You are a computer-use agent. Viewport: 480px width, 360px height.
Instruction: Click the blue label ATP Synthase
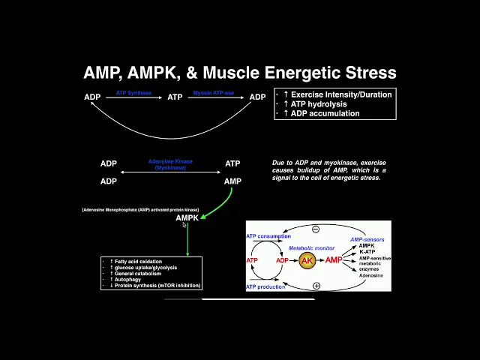pos(133,93)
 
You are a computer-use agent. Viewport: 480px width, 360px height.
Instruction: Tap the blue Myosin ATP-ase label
pos(214,93)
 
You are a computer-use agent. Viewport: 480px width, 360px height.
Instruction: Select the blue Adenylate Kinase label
pos(170,163)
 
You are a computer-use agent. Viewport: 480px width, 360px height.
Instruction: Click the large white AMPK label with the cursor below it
pos(187,218)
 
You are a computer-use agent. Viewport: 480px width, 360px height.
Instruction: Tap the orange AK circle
pos(307,260)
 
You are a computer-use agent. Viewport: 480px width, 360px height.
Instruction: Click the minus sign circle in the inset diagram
pos(316,229)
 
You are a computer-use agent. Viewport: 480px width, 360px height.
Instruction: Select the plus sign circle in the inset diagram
pos(316,286)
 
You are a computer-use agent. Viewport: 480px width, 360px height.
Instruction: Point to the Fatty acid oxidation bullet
pos(138,262)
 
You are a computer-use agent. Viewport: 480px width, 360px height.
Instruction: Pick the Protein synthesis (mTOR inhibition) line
pos(157,286)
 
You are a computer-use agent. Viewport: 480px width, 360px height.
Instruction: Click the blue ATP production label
pos(265,286)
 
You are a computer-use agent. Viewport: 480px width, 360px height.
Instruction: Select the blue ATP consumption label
pos(268,235)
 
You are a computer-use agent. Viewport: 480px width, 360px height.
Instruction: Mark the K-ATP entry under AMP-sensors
pos(367,252)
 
